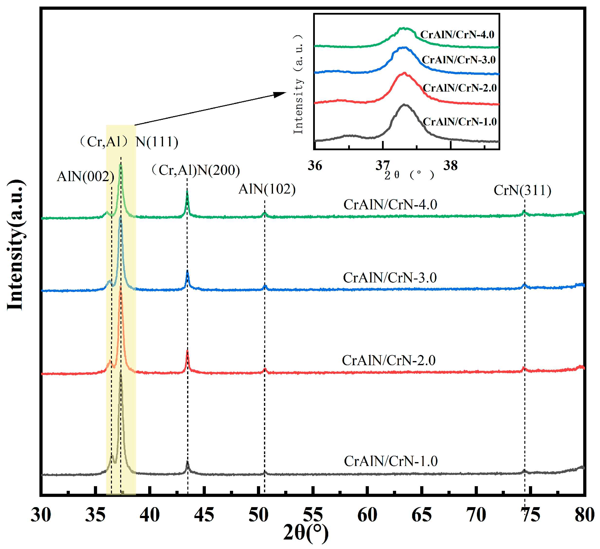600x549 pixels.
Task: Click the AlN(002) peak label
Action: (85, 177)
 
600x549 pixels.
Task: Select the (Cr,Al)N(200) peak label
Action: (196, 170)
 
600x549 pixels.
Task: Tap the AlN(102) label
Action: (267, 189)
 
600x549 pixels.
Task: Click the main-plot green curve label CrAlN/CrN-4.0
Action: (390, 205)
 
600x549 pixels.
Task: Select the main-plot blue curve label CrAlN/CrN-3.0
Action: (390, 278)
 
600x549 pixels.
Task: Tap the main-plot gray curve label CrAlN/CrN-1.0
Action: (391, 461)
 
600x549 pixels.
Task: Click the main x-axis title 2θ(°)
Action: (306, 533)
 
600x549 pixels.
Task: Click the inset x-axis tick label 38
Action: (450, 166)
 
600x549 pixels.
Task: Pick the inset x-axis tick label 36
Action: (315, 166)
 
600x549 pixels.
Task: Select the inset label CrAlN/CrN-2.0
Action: (460, 88)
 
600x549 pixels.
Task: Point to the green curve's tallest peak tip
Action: (120, 165)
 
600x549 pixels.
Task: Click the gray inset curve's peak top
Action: (404, 105)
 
